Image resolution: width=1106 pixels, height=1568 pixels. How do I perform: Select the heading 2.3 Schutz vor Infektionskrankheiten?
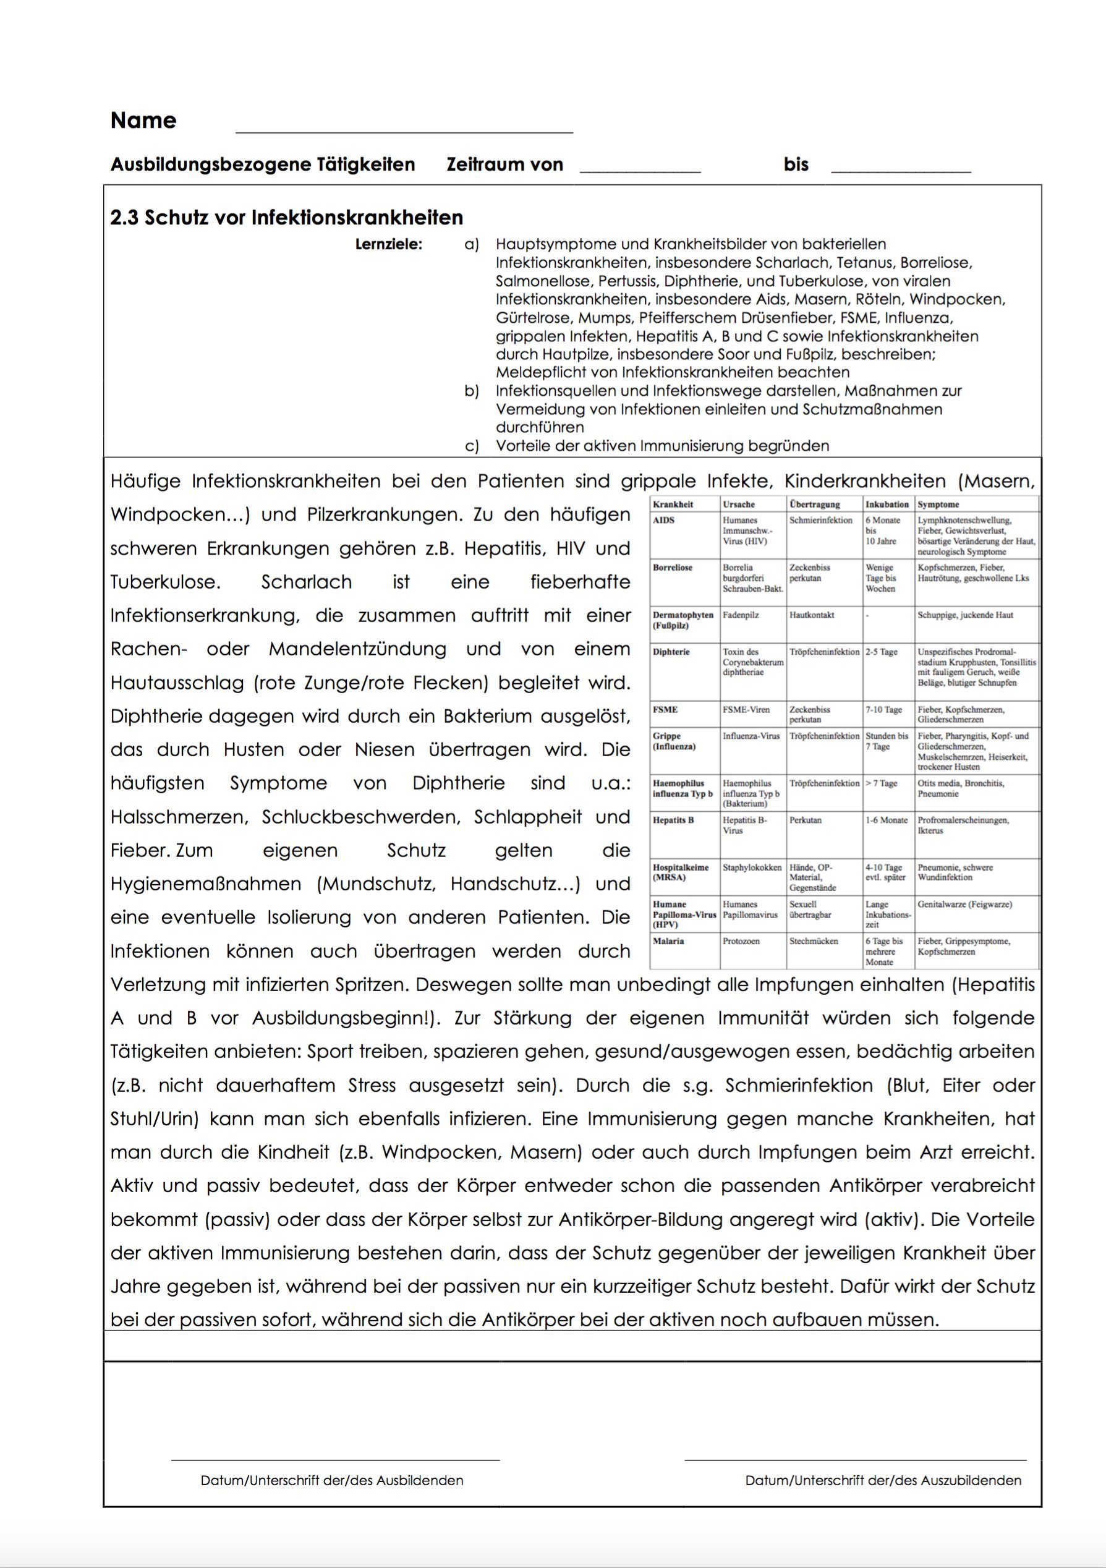click(287, 218)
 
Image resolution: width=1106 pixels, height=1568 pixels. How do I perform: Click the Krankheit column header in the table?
click(673, 505)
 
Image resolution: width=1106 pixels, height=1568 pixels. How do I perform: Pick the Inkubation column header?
click(887, 505)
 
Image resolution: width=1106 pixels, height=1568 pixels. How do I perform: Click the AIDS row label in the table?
click(663, 521)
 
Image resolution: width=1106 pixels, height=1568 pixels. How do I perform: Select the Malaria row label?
click(668, 941)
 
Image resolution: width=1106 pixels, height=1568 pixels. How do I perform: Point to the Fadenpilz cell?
click(741, 615)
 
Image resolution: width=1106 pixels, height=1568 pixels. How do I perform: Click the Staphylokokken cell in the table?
click(752, 867)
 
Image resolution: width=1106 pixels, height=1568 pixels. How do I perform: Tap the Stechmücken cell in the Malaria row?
click(813, 941)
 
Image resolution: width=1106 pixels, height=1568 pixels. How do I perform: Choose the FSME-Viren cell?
click(746, 710)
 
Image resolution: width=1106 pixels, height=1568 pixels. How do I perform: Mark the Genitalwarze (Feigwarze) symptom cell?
click(964, 904)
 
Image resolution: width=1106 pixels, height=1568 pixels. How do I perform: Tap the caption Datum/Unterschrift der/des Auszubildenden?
click(883, 1481)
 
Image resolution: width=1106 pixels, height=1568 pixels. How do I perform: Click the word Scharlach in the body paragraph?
click(307, 582)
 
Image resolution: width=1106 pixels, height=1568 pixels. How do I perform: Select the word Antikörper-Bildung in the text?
click(640, 1219)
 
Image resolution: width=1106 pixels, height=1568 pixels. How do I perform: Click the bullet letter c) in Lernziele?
click(471, 446)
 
